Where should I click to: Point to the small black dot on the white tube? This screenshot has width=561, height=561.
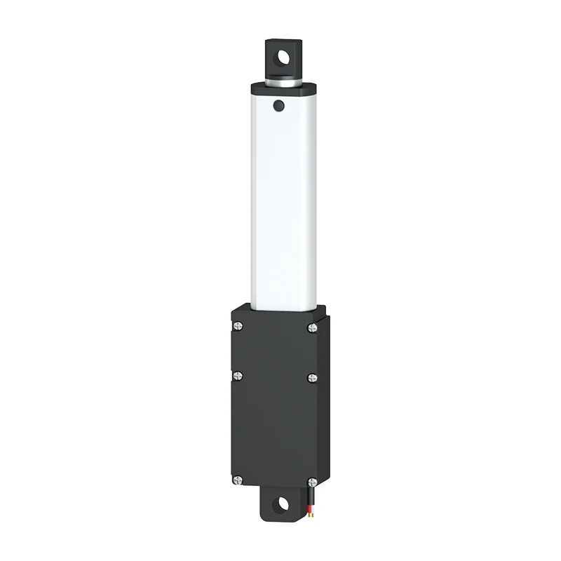pos(278,106)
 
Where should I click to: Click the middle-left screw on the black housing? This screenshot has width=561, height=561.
pos(238,377)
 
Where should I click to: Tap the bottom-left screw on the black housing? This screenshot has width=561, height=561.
pos(238,480)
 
